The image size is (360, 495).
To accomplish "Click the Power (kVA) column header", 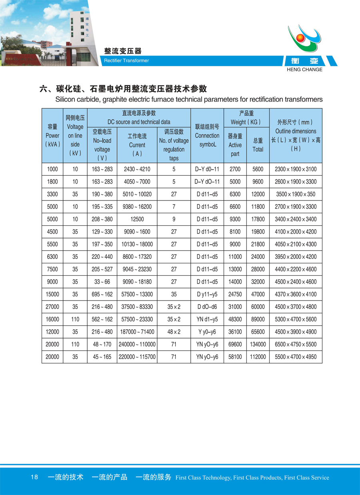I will (x=52, y=135).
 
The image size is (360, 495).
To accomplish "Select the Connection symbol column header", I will (x=207, y=135).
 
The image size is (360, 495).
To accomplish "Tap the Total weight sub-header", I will (x=258, y=145).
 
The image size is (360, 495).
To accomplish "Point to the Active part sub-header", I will (x=235, y=145).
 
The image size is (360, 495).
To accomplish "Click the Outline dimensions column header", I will (x=296, y=135).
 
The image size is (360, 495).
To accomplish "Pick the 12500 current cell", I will (x=137, y=219).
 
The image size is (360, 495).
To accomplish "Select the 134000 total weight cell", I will (x=258, y=345).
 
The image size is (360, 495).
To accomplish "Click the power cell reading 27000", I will (x=52, y=307).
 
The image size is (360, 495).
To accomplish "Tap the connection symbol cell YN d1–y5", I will (x=207, y=319).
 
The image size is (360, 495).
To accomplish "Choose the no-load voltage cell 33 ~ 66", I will (x=102, y=282).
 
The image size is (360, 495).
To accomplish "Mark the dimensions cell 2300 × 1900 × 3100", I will (x=296, y=169).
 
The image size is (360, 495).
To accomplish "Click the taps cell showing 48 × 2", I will (x=174, y=332).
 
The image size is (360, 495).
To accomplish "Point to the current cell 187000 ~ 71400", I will (x=137, y=332).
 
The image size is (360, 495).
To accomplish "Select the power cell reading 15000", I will (x=52, y=295).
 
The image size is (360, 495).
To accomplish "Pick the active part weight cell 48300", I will (x=235, y=319).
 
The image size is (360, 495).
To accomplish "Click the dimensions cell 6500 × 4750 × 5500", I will (x=296, y=345).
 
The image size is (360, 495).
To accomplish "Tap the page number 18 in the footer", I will (x=34, y=477).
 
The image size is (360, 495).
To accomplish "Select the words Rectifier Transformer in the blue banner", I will (x=126, y=61).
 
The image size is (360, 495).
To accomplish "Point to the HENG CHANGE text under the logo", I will (x=305, y=69).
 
